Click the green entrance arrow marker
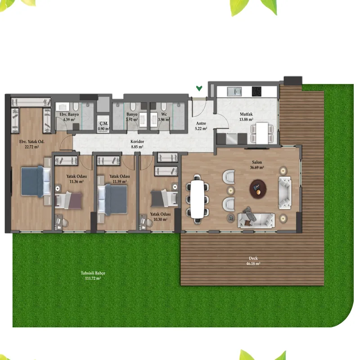coord(199,88)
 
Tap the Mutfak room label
coord(246,114)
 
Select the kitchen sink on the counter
coord(234,92)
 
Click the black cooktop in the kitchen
coord(256,91)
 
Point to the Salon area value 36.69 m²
coord(257,167)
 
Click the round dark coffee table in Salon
coord(258,189)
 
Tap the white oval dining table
coord(198,199)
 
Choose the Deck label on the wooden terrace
coord(253,258)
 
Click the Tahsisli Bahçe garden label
coord(93,273)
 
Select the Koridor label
coord(137,142)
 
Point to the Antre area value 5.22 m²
coord(201,129)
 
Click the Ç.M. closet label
coord(104,123)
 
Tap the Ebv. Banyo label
coord(69,114)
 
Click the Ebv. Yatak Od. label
coord(31,142)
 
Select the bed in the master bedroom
coord(36,181)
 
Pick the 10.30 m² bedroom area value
coord(160,220)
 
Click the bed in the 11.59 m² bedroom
coord(112,200)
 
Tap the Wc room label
coord(164,114)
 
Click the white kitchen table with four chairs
coord(262,133)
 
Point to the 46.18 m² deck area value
coord(253,264)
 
